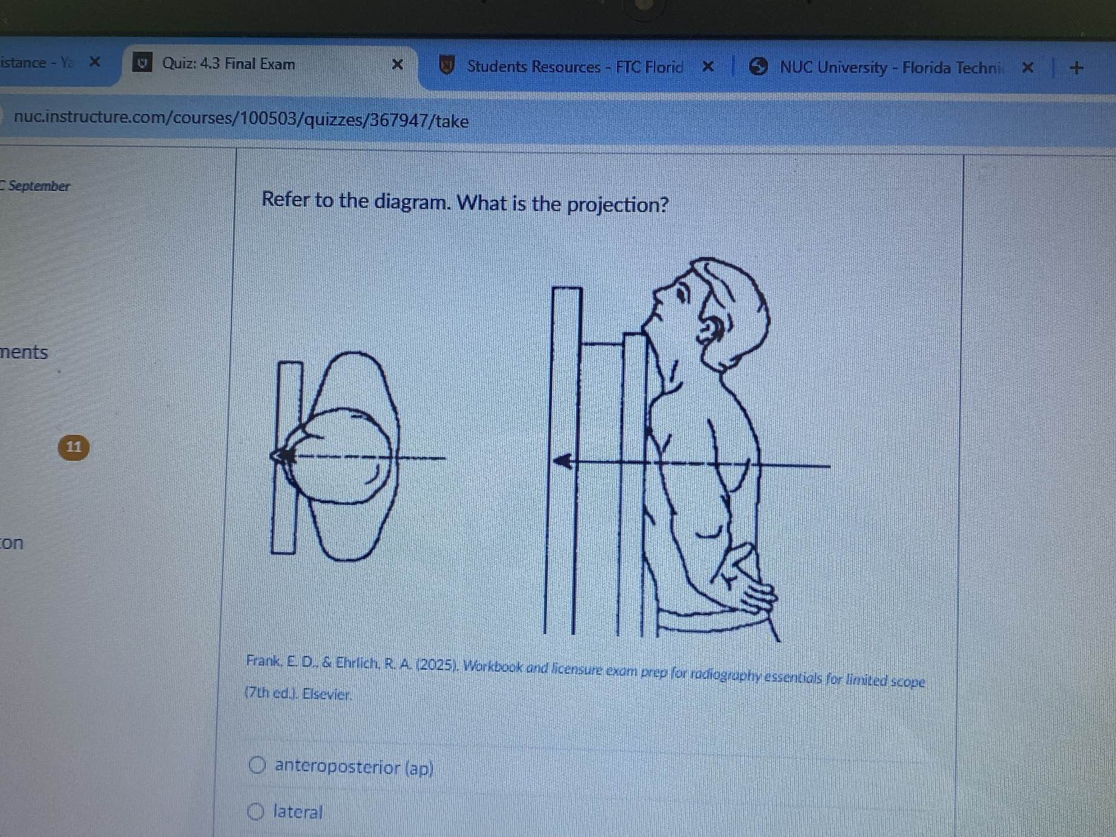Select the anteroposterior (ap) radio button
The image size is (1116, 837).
pyautogui.click(x=257, y=765)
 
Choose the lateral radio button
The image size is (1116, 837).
pyautogui.click(x=256, y=811)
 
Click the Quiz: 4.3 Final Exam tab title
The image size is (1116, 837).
pyautogui.click(x=228, y=64)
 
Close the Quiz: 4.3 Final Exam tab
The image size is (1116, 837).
pyautogui.click(x=397, y=64)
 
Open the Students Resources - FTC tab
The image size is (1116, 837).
pyautogui.click(x=574, y=67)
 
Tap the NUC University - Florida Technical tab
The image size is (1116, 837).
pyautogui.click(x=891, y=67)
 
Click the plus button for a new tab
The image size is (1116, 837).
pyautogui.click(x=1077, y=67)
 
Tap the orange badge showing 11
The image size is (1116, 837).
pyautogui.click(x=73, y=447)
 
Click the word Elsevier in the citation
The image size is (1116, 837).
pyautogui.click(x=326, y=694)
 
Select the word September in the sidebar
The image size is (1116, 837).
pyautogui.click(x=39, y=186)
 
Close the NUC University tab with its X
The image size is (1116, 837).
pyautogui.click(x=1028, y=67)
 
